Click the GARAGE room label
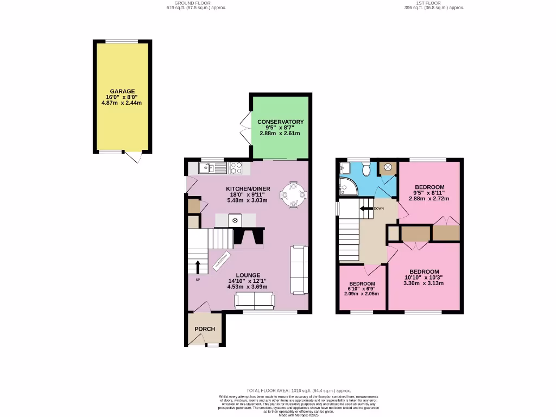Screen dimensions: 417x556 [x=122, y=91]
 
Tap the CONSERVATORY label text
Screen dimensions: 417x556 [x=280, y=122]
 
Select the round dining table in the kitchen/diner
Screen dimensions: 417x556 [x=293, y=194]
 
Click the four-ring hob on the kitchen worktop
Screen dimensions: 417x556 [x=236, y=168]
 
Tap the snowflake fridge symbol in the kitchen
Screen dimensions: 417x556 [x=235, y=220]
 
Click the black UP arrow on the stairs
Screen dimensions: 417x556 [x=198, y=267]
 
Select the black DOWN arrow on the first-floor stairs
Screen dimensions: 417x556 [x=365, y=208]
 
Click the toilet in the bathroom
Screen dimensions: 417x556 [x=365, y=169]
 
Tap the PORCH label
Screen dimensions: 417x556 [x=205, y=329]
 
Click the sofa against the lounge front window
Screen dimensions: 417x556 [x=254, y=300]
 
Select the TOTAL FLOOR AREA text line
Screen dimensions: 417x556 [x=299, y=390]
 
